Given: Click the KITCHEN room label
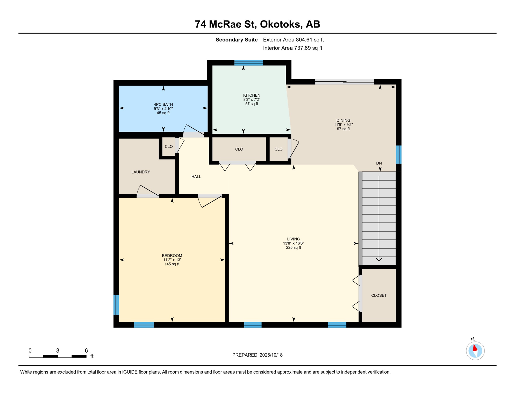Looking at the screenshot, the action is point(252,95).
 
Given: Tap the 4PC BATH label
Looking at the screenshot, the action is point(163,105).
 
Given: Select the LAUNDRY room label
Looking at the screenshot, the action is point(141,172).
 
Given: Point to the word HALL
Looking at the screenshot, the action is point(196,177).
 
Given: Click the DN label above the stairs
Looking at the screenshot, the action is point(379,163).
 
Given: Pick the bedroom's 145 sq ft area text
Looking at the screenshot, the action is point(172,264).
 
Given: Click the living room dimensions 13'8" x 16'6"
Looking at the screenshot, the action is point(294,243).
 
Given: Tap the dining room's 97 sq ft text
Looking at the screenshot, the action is point(343,129).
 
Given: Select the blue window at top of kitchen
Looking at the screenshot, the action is point(249,63).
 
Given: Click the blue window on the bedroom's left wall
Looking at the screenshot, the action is point(116,305).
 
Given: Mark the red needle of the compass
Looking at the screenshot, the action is point(475,348).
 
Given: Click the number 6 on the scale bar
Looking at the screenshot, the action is point(86,351).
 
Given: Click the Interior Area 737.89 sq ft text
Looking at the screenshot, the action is point(292,48).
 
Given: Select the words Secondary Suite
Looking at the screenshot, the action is point(237,40).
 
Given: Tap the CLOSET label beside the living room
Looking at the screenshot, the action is point(379,295).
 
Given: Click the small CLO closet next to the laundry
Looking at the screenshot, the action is point(169,147).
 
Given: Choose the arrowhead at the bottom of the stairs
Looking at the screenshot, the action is point(379,259).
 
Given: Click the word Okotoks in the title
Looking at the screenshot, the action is point(281,24).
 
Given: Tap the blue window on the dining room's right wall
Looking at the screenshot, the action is point(399,155).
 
